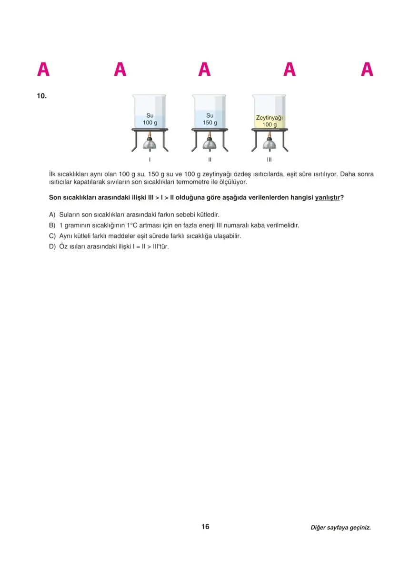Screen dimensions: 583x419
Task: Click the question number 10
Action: [41, 96]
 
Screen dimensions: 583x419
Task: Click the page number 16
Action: [205, 526]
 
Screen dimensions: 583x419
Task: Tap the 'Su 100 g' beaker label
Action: [150, 119]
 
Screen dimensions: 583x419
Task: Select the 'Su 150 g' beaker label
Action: [209, 119]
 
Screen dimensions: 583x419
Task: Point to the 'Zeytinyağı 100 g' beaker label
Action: [269, 121]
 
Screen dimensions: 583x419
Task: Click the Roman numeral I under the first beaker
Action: [150, 160]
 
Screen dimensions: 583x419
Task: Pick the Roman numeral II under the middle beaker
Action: [209, 160]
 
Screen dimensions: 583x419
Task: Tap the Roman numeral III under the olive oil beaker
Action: [269, 160]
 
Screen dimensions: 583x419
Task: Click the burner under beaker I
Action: [150, 143]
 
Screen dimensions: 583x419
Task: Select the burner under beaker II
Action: [209, 143]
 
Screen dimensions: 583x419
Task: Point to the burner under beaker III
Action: [269, 143]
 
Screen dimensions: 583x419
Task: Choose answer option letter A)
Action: [52, 215]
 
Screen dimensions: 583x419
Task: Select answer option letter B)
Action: [52, 225]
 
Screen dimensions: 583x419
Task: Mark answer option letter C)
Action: [52, 236]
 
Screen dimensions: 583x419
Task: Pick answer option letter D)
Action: [52, 246]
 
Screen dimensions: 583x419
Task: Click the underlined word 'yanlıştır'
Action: [328, 197]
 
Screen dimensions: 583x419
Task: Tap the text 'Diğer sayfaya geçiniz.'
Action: [340, 528]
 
